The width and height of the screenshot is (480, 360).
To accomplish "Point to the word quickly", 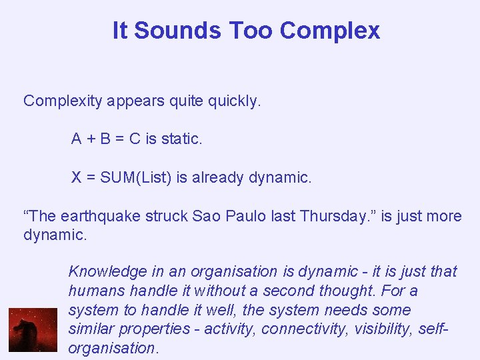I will (x=234, y=101).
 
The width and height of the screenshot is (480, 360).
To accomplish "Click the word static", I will (x=180, y=139).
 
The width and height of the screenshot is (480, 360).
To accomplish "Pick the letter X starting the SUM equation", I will (x=77, y=178).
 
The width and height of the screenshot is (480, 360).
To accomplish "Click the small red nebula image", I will (x=33, y=329).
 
